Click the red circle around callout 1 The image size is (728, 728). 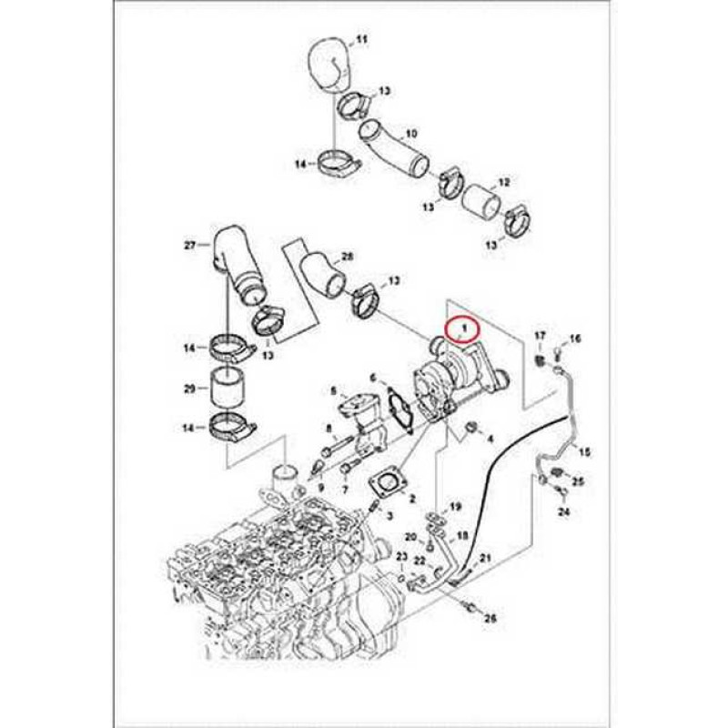(464, 330)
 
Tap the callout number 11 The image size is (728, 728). (361, 39)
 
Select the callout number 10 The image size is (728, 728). (411, 134)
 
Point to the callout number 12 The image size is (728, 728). (504, 182)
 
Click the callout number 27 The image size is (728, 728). (190, 245)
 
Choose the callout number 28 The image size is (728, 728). (347, 256)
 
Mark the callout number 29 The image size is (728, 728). (190, 389)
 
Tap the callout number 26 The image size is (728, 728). (490, 619)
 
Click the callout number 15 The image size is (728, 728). (584, 450)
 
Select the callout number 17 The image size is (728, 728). (541, 335)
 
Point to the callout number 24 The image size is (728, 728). (563, 512)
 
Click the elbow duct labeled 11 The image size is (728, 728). (329, 65)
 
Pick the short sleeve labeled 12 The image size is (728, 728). (483, 202)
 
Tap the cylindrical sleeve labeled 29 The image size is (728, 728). (226, 388)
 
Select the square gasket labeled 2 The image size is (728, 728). (388, 486)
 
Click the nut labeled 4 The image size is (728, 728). (470, 427)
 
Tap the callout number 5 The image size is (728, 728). (332, 391)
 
